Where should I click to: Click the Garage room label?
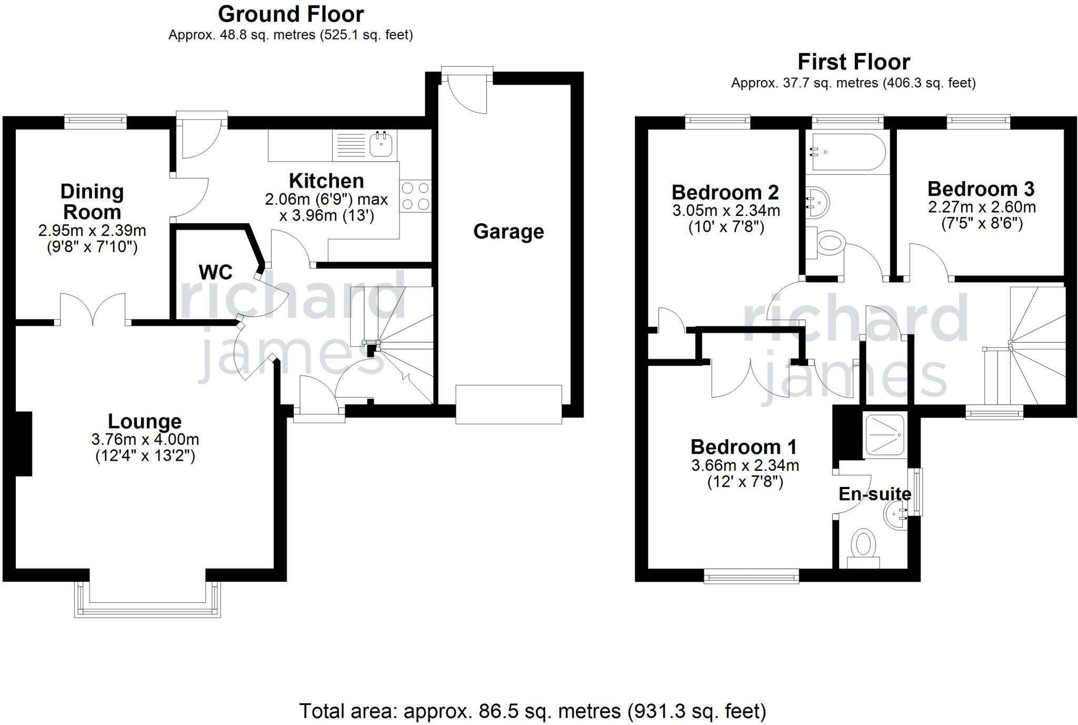pos(508,232)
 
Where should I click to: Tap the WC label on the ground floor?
pos(216,272)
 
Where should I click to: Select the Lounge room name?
pos(145,421)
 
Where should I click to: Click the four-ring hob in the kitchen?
pos(416,196)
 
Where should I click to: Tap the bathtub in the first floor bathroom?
pos(849,152)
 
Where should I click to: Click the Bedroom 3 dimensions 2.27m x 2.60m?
pos(982,207)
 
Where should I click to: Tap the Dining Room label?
pos(92,202)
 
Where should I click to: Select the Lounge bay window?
pos(147,599)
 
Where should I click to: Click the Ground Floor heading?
pos(291,14)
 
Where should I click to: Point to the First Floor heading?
pos(854,62)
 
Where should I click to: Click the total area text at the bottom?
pos(533,711)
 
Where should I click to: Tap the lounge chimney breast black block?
pos(24,444)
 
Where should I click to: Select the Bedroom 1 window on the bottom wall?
pos(752,577)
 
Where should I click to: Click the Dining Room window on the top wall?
pos(96,122)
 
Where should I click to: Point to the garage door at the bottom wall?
pos(508,404)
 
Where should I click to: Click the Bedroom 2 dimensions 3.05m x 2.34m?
pos(726,211)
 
